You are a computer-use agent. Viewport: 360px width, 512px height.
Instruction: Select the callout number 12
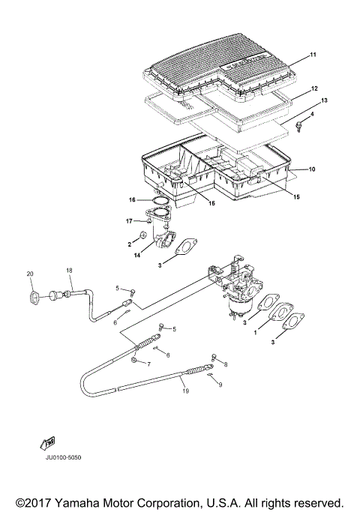click(x=314, y=88)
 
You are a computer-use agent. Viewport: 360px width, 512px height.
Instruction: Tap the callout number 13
click(x=323, y=100)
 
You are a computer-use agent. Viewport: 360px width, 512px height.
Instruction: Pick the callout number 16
click(x=132, y=200)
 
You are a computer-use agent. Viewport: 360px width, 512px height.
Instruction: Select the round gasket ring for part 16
click(x=156, y=200)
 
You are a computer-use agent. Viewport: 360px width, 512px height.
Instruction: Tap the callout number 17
click(x=130, y=220)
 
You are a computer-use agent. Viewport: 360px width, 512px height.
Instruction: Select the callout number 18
click(x=68, y=270)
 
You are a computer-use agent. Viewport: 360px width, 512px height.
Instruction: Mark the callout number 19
click(x=184, y=391)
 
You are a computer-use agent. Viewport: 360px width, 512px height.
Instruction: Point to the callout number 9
click(x=220, y=384)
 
